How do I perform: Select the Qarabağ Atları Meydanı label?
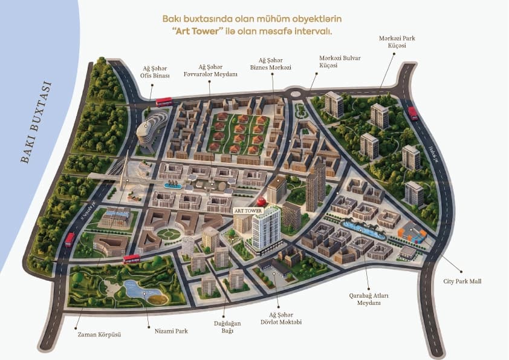(368, 299)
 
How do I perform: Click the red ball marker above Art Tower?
(262, 201)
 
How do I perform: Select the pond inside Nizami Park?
(143, 290)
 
